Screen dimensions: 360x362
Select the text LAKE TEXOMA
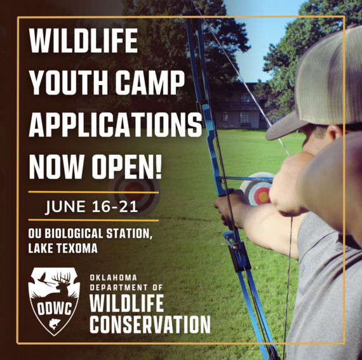[x=64, y=248]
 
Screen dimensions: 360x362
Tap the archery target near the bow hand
[x=258, y=190]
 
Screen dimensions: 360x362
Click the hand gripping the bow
[x=229, y=206]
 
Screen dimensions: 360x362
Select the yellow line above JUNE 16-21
[x=93, y=192]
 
